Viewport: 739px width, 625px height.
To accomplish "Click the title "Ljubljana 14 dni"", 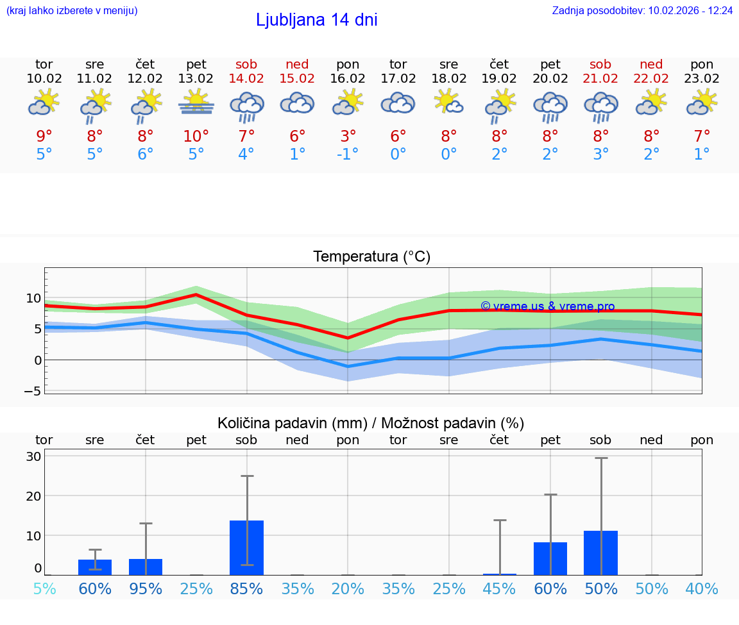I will click(x=316, y=20).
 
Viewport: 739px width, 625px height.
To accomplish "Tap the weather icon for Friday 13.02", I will click(x=196, y=103).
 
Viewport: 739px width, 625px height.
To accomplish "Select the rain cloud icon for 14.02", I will click(x=247, y=106).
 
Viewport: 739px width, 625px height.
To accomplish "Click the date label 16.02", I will click(x=348, y=79).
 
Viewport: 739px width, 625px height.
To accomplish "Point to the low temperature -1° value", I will click(x=348, y=154).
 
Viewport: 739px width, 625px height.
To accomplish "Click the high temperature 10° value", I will click(x=196, y=136).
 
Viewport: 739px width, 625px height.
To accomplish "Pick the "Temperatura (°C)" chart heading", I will click(x=371, y=257).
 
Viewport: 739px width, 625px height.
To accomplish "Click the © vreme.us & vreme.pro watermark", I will click(x=547, y=306).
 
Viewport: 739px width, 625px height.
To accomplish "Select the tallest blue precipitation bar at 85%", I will click(x=247, y=547).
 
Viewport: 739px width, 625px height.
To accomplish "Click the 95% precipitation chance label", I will click(x=146, y=588).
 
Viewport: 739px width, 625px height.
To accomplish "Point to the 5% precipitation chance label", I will click(x=44, y=588).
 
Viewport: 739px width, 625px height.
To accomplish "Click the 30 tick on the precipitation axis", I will click(x=33, y=456).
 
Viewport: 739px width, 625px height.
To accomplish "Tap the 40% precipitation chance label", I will click(x=702, y=588).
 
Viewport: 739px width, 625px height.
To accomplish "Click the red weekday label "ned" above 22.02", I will click(x=651, y=64).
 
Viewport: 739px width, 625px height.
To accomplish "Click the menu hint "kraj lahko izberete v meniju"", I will click(x=71, y=11).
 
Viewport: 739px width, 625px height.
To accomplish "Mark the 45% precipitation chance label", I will click(x=499, y=588).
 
